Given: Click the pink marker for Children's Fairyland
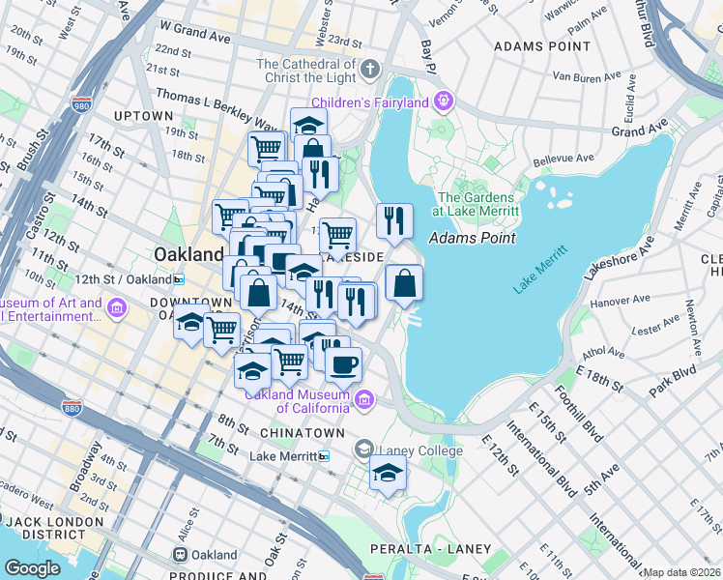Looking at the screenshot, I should tap(444, 100).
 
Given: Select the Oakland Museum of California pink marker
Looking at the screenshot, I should tap(364, 399).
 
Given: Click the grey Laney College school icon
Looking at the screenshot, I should tap(362, 449).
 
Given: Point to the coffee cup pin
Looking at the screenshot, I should tap(342, 364).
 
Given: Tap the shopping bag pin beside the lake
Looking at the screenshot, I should tap(404, 283).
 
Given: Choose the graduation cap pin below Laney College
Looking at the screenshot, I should tap(388, 473).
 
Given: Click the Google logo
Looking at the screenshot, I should tap(32, 568).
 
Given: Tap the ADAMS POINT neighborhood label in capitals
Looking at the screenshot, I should tap(541, 45).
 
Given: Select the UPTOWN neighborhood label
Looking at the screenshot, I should tap(142, 116).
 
